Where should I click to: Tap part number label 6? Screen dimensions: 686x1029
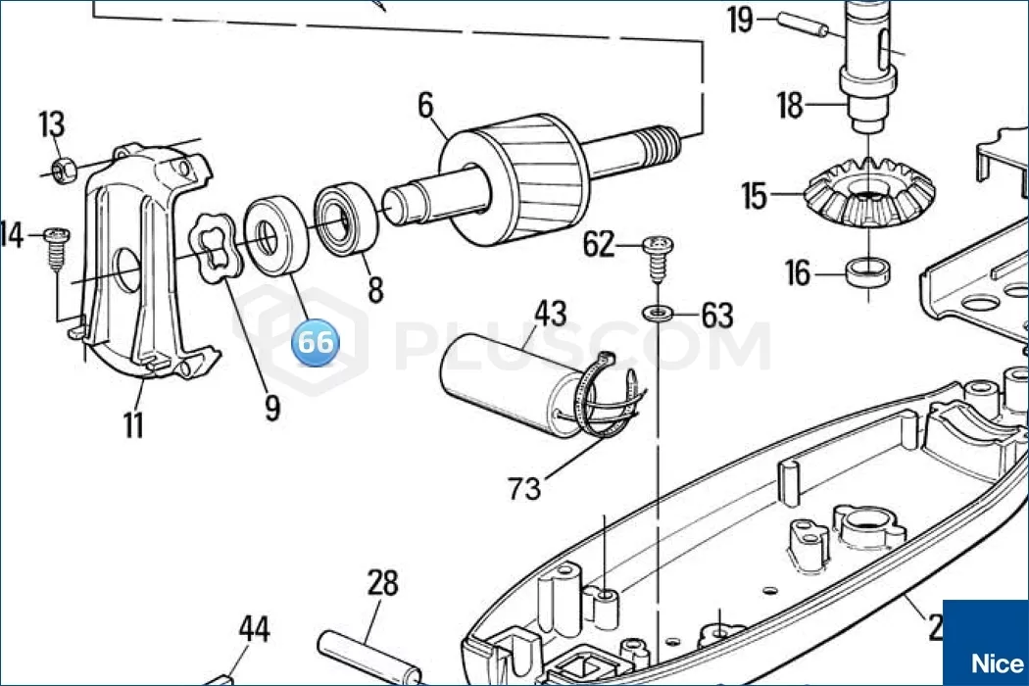424,105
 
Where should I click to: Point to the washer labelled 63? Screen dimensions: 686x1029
657,313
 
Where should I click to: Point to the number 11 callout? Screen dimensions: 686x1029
132,424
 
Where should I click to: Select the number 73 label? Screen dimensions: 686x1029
524,486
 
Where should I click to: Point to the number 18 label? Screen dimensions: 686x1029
790,105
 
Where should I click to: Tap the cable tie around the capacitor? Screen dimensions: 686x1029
603,402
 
